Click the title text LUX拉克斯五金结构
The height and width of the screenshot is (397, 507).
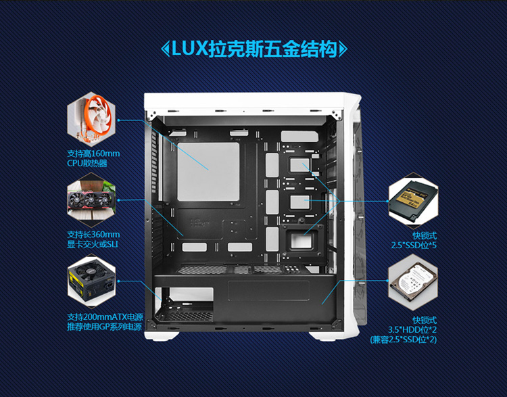254,49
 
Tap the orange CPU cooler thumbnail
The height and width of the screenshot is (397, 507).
91,120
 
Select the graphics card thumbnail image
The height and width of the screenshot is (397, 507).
91,200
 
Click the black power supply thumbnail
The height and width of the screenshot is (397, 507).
91,281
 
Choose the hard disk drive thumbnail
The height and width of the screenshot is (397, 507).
413,281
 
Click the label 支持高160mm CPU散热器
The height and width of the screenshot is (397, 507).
93,158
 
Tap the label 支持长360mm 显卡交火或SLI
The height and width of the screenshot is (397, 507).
93,239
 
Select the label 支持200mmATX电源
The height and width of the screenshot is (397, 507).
105,317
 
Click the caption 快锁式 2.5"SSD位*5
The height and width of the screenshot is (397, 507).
414,240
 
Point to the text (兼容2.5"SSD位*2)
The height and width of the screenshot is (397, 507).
404,340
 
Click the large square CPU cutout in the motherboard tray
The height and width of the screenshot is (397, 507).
208,172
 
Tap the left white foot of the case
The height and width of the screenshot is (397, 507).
162,335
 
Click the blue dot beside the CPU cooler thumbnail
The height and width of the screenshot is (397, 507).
119,120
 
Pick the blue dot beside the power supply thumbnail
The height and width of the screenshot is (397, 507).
119,281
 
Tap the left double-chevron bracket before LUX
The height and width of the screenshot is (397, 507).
165,49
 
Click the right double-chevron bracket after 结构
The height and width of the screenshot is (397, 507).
343,49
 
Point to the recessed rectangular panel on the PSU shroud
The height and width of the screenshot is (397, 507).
268,291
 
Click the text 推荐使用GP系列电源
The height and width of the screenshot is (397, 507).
104,327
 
